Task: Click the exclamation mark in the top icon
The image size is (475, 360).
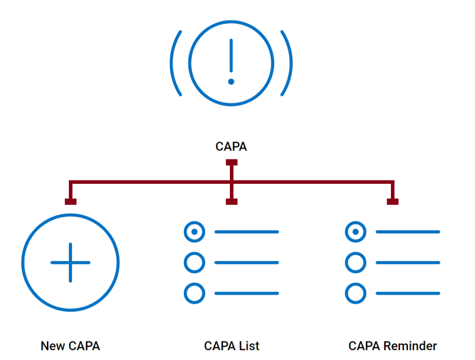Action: tap(231, 62)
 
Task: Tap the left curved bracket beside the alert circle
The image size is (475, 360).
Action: tap(174, 63)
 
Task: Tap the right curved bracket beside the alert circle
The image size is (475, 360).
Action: tap(288, 63)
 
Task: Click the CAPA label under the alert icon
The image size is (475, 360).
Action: tap(231, 147)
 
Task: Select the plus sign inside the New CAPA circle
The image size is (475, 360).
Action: tap(70, 263)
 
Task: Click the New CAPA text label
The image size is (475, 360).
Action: tap(70, 346)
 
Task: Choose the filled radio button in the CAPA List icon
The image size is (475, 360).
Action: tap(194, 232)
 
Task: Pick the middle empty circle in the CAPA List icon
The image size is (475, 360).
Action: tap(194, 263)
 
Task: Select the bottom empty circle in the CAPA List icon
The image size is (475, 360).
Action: tap(194, 294)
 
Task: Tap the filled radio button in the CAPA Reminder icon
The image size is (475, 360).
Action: tap(355, 232)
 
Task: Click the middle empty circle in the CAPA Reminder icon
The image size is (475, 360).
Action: tap(355, 263)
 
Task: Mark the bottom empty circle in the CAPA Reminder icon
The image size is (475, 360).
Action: tap(355, 294)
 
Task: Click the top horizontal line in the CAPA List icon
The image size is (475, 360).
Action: tap(247, 232)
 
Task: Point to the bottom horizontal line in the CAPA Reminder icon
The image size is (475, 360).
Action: tap(408, 294)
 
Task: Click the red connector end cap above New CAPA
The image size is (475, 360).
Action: tap(70, 202)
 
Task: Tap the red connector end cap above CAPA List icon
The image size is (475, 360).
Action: tap(231, 202)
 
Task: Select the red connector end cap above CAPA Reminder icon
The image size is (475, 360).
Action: tap(392, 202)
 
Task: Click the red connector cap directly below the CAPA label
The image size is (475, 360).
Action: tap(231, 162)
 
